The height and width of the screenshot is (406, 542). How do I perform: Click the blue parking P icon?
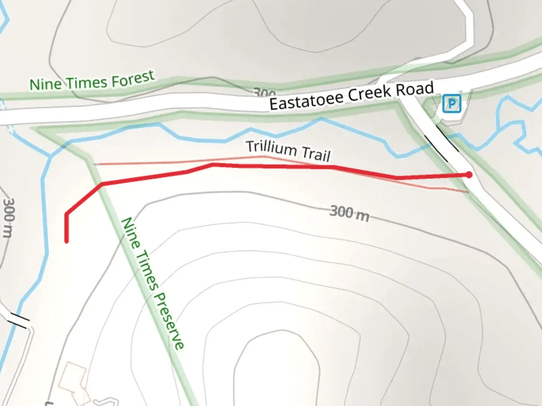pyautogui.click(x=452, y=103)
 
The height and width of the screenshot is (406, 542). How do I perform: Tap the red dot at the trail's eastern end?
pyautogui.click(x=469, y=174)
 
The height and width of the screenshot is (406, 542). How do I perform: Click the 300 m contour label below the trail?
pyautogui.click(x=349, y=213)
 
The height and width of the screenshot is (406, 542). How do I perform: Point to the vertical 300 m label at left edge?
pyautogui.click(x=9, y=218)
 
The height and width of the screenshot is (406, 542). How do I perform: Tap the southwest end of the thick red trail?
pyautogui.click(x=67, y=241)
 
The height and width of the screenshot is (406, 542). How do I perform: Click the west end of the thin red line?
pyautogui.click(x=94, y=164)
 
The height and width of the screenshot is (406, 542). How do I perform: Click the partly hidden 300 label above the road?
pyautogui.click(x=264, y=92)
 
